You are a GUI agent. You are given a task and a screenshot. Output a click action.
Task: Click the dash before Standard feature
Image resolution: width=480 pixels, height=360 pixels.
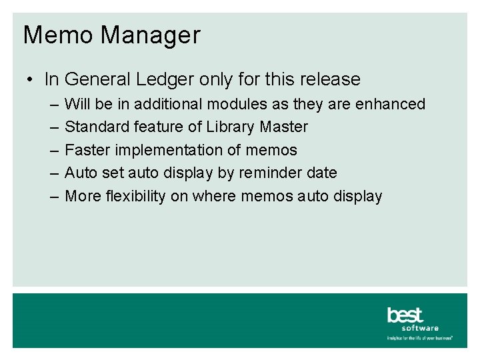[53, 127]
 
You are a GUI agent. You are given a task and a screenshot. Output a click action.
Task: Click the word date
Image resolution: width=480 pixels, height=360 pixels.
[322, 173]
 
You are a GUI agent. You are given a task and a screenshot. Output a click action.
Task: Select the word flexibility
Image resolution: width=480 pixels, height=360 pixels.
[134, 196]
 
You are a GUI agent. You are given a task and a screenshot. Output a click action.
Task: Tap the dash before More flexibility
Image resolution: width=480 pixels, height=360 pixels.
[53, 196]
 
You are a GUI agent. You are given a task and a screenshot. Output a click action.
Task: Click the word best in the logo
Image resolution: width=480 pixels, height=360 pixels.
[405, 315]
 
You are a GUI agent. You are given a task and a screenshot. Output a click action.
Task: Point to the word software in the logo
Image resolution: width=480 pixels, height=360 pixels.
[420, 328]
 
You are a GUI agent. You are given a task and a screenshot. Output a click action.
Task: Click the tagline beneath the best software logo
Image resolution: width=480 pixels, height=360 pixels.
[420, 338]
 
